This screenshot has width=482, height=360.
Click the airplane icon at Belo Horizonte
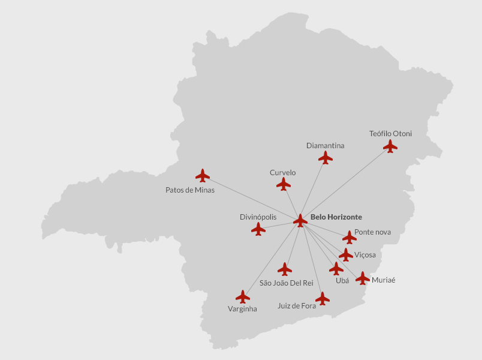300,221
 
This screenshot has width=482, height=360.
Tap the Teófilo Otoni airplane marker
390,146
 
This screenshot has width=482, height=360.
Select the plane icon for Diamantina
326,157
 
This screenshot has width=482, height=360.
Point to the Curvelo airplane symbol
284,184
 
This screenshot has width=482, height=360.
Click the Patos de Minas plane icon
203,175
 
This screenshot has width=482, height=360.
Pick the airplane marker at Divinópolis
258,229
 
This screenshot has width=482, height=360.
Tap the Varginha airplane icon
243,296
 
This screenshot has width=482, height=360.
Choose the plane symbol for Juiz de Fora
323,298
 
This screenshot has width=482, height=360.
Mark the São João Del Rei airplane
285,269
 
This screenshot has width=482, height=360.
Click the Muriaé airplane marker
363,278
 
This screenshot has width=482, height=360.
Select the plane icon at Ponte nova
350,237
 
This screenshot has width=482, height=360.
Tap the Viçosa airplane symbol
346,255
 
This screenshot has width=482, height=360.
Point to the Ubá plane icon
336,268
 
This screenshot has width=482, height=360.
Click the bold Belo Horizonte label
336,217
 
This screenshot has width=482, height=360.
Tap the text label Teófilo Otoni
390,133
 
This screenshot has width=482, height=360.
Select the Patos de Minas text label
190,190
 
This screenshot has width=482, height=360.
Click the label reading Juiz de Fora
297,306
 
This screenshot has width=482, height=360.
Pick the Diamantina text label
325,145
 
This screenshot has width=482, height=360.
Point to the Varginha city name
242,309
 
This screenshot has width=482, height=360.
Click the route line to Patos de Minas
252,198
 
